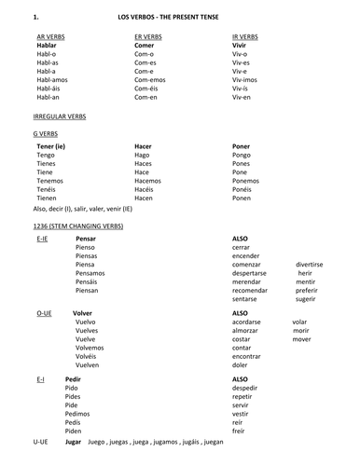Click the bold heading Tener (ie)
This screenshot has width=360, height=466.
51,146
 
